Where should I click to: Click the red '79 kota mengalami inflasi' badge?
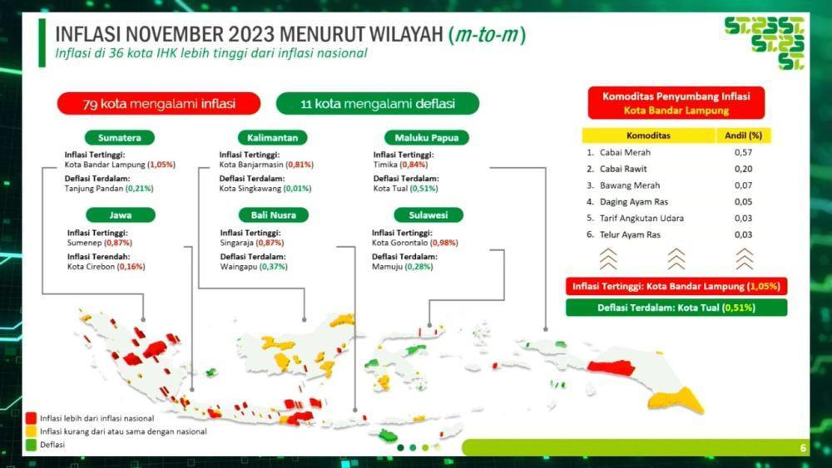[x=159, y=103]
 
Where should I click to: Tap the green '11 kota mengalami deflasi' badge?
[x=377, y=103]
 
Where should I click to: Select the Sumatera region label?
[x=119, y=138]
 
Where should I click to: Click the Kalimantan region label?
[x=272, y=138]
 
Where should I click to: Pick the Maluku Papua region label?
[x=427, y=138]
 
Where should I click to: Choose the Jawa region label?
[x=121, y=215]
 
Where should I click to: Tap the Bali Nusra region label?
[x=273, y=215]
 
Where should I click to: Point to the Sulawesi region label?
[x=428, y=215]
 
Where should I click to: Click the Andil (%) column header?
[x=743, y=135]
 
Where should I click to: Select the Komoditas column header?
[x=648, y=135]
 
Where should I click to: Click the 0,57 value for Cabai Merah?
[x=743, y=152]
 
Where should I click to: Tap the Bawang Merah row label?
[x=630, y=185]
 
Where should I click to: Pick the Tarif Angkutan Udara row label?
[x=641, y=219]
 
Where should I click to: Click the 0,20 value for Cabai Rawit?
[x=743, y=169]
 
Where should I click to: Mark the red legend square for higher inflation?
[x=32, y=418]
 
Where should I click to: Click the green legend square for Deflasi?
[x=32, y=445]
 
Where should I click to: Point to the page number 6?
[x=803, y=448]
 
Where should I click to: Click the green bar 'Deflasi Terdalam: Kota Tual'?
[x=676, y=308]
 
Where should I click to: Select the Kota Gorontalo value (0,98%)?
[x=444, y=243]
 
